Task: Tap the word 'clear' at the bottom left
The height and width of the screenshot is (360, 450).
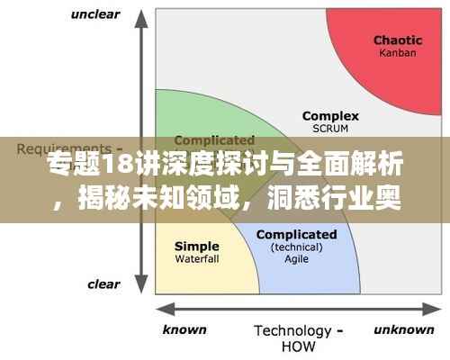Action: click(103, 284)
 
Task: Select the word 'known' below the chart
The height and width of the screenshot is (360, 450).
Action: click(184, 329)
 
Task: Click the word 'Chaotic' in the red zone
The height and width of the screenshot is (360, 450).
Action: click(398, 40)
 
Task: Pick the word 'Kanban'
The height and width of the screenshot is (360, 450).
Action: click(398, 54)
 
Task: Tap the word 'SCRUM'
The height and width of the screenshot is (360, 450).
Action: click(329, 129)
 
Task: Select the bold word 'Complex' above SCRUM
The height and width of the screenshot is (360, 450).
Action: click(330, 116)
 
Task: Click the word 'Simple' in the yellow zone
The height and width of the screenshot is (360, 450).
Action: click(196, 247)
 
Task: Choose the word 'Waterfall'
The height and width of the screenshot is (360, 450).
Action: click(196, 259)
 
